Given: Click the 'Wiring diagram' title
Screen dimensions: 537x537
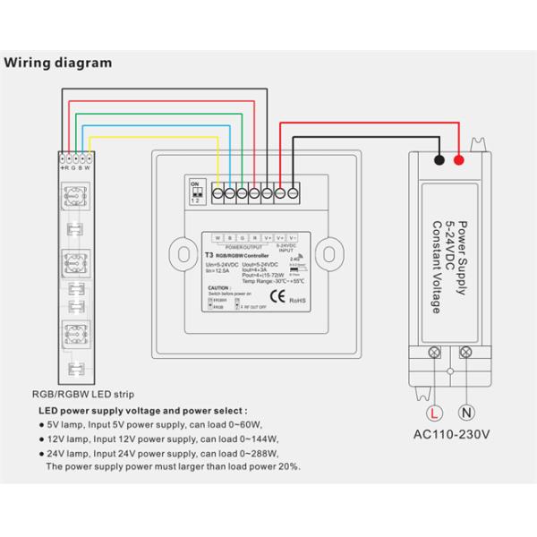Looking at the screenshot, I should [x=59, y=64].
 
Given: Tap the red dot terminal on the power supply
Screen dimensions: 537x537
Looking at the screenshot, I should [x=459, y=161].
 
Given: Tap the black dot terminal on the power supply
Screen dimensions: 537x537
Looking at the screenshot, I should [x=439, y=161].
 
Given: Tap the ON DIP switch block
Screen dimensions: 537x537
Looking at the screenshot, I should [x=195, y=192].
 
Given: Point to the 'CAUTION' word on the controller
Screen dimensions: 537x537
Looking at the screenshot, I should [x=220, y=287].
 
